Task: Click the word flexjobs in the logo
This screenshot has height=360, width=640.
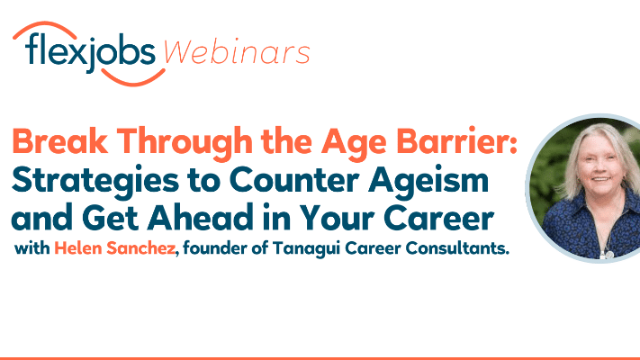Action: [90, 53]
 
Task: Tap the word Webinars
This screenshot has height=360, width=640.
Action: [237, 53]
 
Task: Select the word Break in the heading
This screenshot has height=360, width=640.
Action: [60, 141]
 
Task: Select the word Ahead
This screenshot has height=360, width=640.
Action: [200, 218]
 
